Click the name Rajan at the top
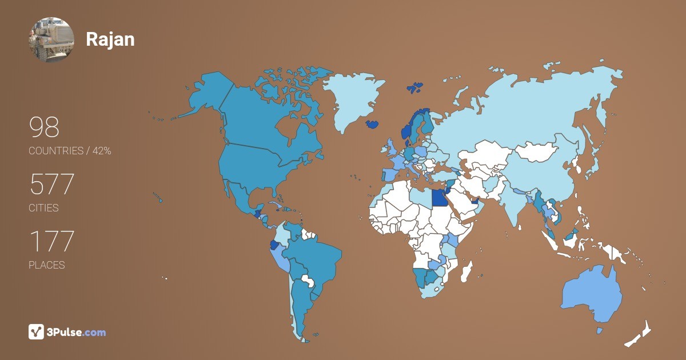[x=110, y=39]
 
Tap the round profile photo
[x=51, y=39]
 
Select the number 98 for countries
[x=44, y=128]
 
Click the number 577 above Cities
[x=51, y=185]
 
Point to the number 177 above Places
[x=51, y=242]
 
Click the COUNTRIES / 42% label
[x=70, y=151]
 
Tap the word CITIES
[x=43, y=208]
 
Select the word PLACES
[x=46, y=265]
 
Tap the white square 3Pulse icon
[x=36, y=332]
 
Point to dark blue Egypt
[x=438, y=197]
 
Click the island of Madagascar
[x=467, y=271]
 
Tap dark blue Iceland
[x=373, y=123]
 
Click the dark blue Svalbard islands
[x=415, y=88]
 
